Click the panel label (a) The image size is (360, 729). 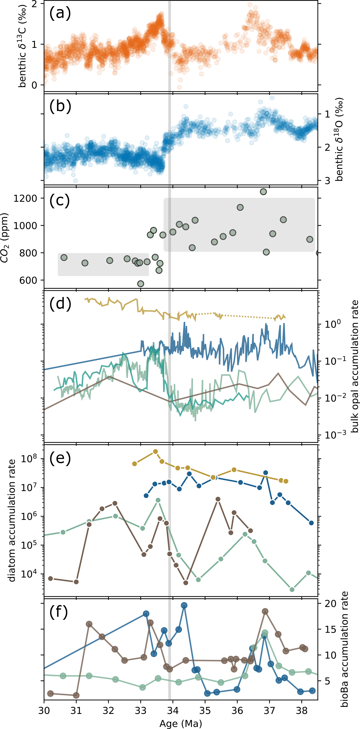(60, 13)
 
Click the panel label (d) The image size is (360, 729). (60, 304)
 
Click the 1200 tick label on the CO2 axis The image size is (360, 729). (25, 198)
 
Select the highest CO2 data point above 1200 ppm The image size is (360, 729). (263, 192)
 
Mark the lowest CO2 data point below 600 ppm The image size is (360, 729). (140, 284)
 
